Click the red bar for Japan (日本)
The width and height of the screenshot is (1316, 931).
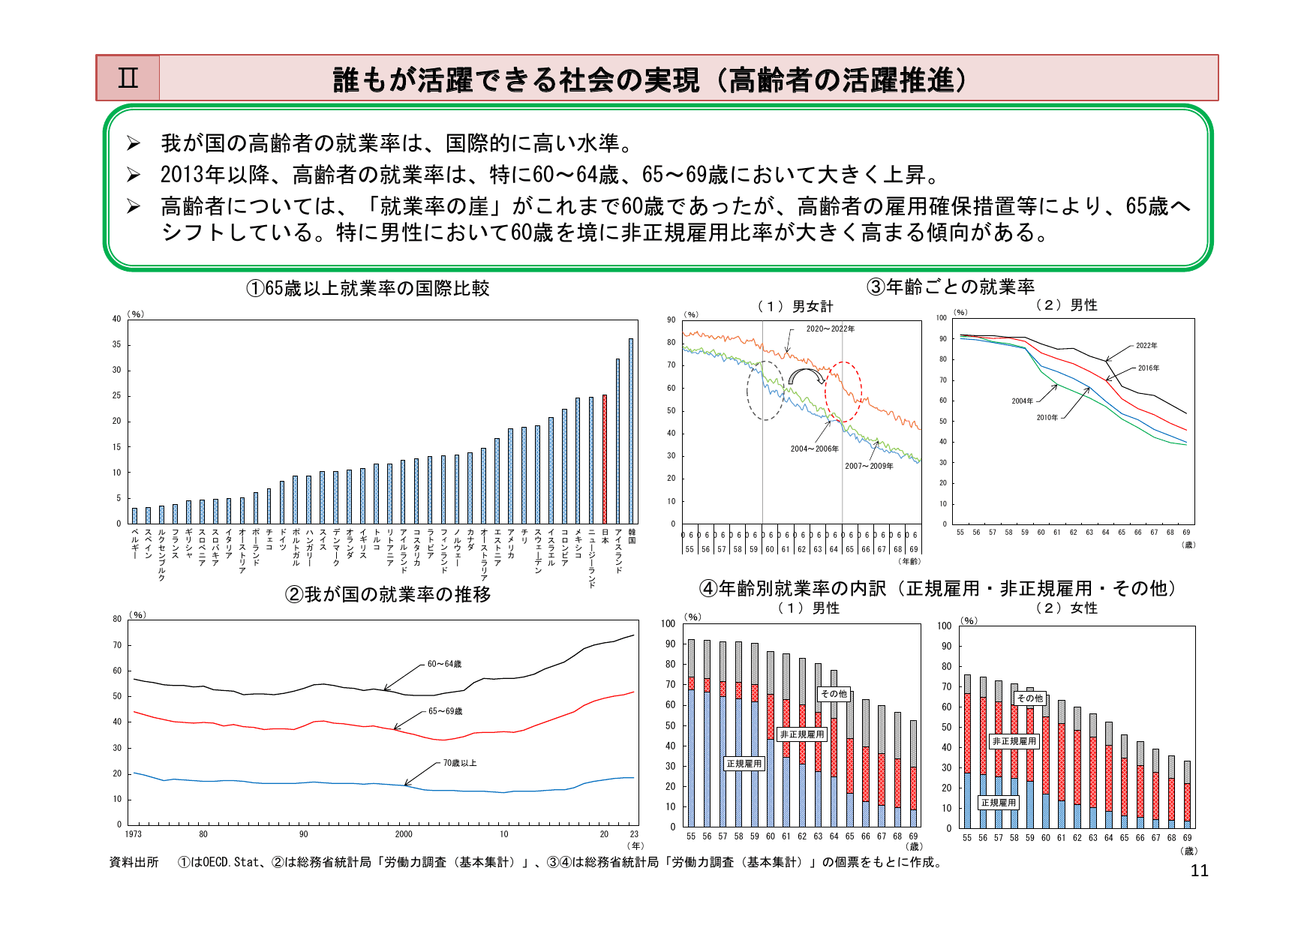605,459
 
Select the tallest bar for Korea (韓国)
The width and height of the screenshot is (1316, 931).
631,431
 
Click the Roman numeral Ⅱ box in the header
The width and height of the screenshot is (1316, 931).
128,78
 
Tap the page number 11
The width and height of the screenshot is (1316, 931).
1199,871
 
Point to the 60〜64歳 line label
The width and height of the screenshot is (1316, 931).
444,664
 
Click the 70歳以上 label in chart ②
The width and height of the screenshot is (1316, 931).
459,763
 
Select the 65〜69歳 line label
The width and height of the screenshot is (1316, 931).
445,711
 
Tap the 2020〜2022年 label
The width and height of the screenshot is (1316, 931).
830,329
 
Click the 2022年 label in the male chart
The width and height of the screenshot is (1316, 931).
1146,346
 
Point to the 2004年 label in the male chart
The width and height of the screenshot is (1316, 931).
1022,401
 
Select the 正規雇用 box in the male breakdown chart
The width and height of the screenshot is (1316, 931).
744,764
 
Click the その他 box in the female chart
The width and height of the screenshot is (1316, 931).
1029,698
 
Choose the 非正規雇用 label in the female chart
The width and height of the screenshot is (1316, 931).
1014,741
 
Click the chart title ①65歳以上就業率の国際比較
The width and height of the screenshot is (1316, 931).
368,289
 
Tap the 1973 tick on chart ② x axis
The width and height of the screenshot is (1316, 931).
133,834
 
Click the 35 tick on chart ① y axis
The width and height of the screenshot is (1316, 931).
116,344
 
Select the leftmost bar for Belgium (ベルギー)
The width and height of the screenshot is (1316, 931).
135,516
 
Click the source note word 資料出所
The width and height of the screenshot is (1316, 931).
134,863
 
